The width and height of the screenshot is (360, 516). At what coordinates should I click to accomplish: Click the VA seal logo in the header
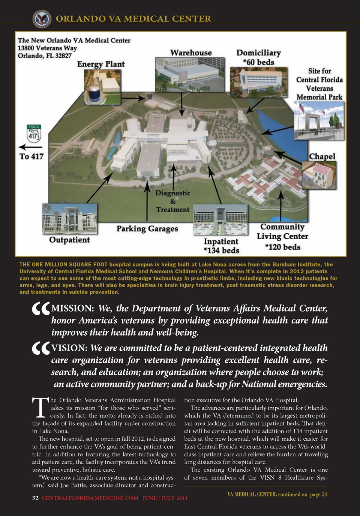[42, 19]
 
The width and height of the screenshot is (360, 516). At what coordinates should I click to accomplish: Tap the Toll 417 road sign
[33, 133]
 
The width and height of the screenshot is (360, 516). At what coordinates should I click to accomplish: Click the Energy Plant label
[100, 64]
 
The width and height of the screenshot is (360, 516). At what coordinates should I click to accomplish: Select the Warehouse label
[191, 53]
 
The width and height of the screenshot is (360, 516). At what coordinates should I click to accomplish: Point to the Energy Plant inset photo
[102, 87]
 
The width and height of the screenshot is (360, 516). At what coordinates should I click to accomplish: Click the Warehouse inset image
[190, 75]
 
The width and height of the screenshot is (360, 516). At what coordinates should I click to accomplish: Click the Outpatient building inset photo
[69, 219]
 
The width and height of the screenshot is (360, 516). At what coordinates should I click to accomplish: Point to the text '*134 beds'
[221, 250]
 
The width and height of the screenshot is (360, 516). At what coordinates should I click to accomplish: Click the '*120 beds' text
[283, 247]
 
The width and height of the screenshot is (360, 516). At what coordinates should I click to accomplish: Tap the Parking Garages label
[147, 229]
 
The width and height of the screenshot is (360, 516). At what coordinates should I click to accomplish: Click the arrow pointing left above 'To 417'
[30, 147]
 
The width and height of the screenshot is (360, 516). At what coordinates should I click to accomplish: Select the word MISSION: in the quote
[72, 309]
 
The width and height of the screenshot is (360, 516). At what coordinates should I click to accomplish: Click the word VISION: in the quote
[69, 348]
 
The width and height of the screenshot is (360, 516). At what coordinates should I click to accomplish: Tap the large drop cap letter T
[40, 408]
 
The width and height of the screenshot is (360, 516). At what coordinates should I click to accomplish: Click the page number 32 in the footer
[35, 498]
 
